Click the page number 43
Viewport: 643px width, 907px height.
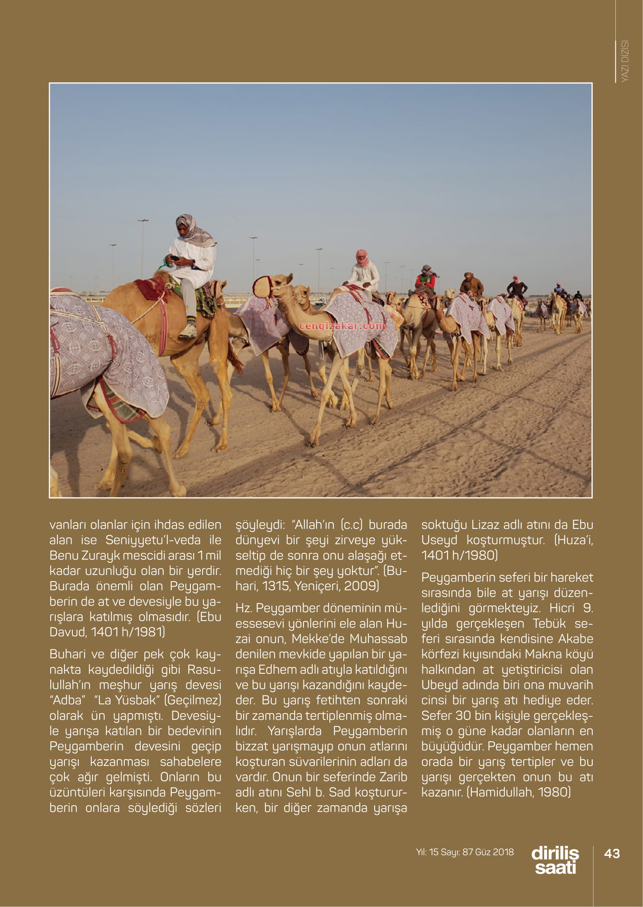click(612, 853)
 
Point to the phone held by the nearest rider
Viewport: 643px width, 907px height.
click(175, 259)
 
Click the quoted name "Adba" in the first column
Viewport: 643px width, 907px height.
click(64, 700)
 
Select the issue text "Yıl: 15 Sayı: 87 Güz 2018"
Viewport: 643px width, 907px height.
click(465, 852)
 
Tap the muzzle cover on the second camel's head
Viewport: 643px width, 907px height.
click(261, 286)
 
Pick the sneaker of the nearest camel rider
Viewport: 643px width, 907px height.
click(188, 331)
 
